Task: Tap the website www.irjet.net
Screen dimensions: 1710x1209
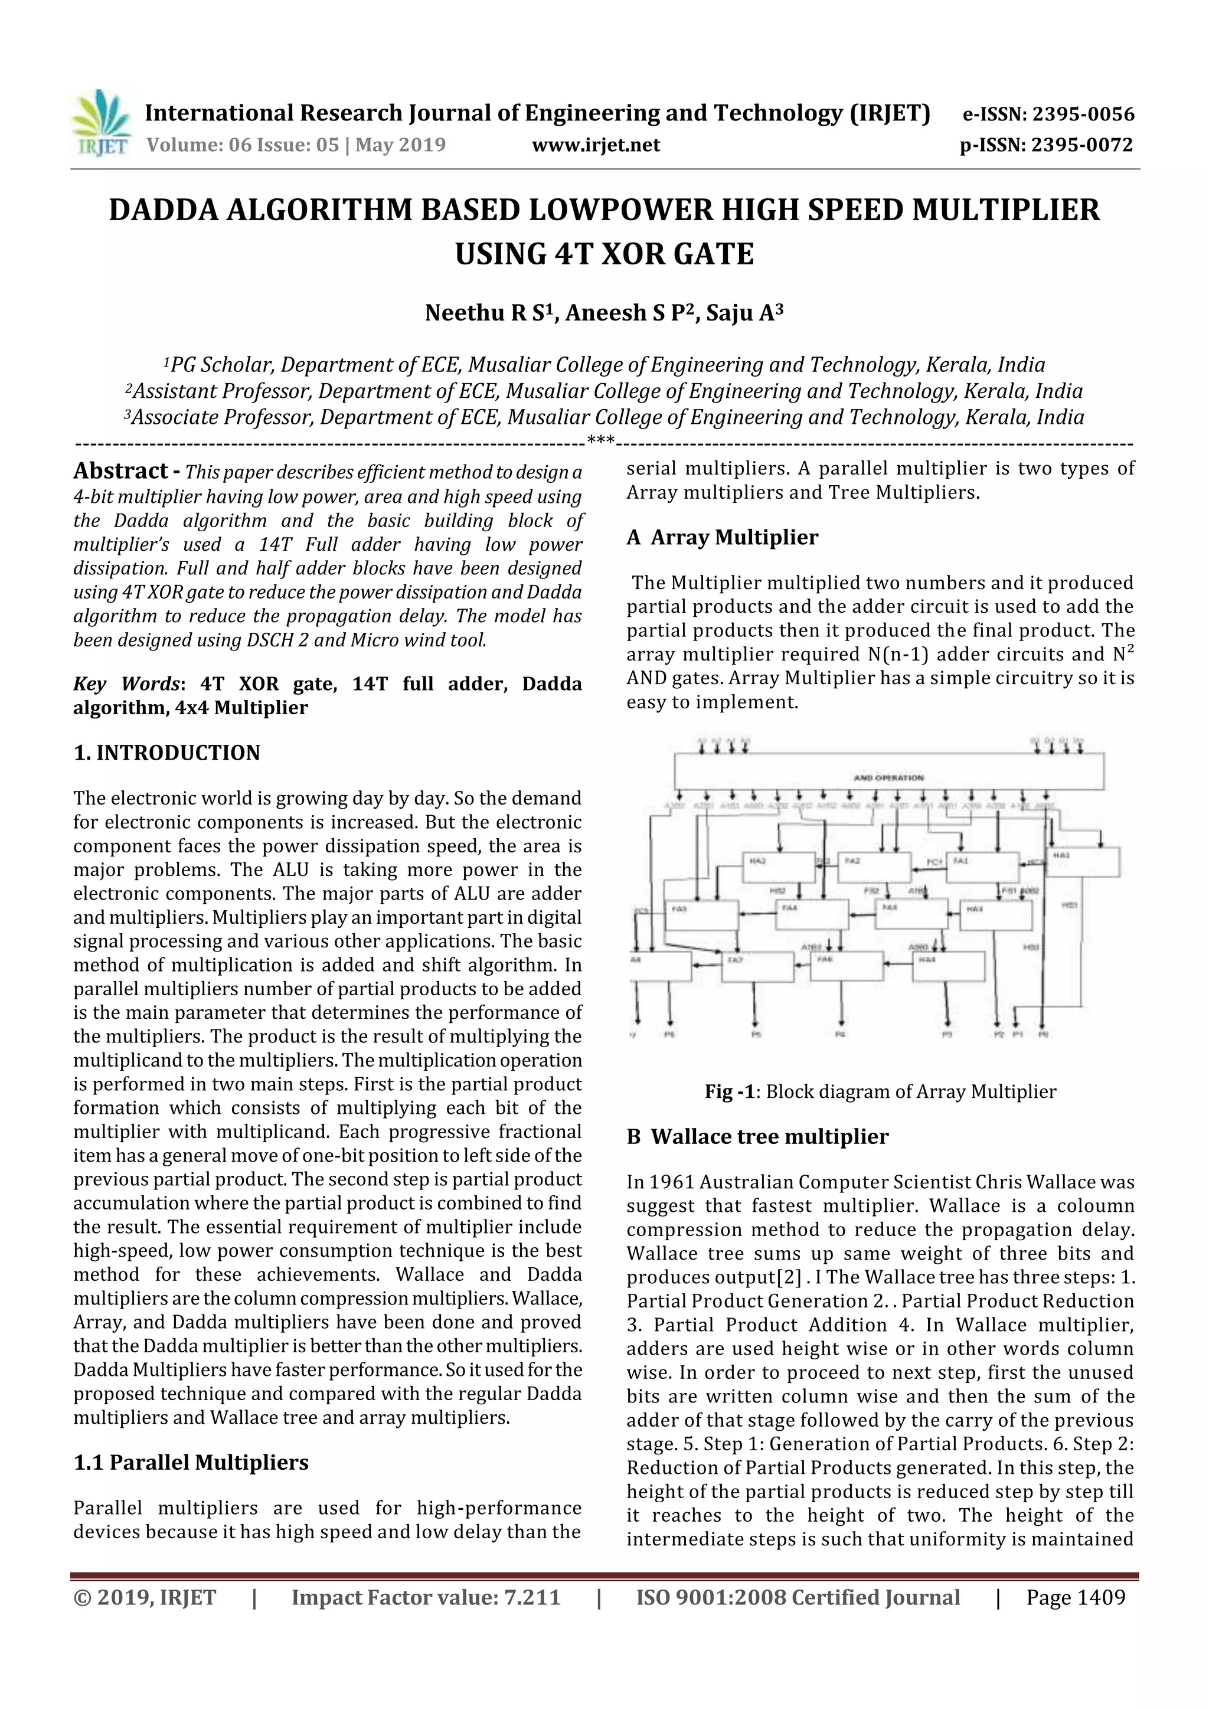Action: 595,145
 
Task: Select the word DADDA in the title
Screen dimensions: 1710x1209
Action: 162,211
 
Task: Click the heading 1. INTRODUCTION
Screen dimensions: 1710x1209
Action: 167,753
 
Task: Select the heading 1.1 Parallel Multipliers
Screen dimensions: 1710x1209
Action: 191,1462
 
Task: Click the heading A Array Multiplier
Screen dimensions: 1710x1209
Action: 722,538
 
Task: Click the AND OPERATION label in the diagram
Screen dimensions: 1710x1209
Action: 888,777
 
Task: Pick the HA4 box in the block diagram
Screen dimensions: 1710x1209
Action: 948,966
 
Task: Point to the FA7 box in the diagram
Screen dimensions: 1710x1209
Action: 756,967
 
